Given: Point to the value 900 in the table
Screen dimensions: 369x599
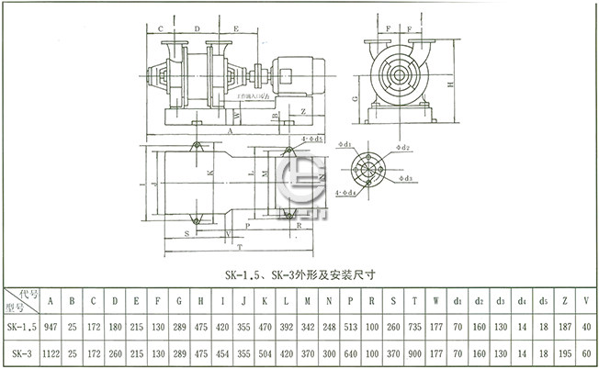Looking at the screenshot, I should [413, 352].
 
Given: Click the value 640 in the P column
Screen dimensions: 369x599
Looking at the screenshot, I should [350, 352].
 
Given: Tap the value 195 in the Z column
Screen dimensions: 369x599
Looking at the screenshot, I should [565, 352].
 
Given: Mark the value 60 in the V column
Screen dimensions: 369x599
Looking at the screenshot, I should [587, 352].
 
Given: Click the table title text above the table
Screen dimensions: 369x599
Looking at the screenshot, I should [302, 273].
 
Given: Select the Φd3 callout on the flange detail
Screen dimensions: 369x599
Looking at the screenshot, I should [404, 178].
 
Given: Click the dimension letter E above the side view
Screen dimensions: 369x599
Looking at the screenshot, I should [237, 28].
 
